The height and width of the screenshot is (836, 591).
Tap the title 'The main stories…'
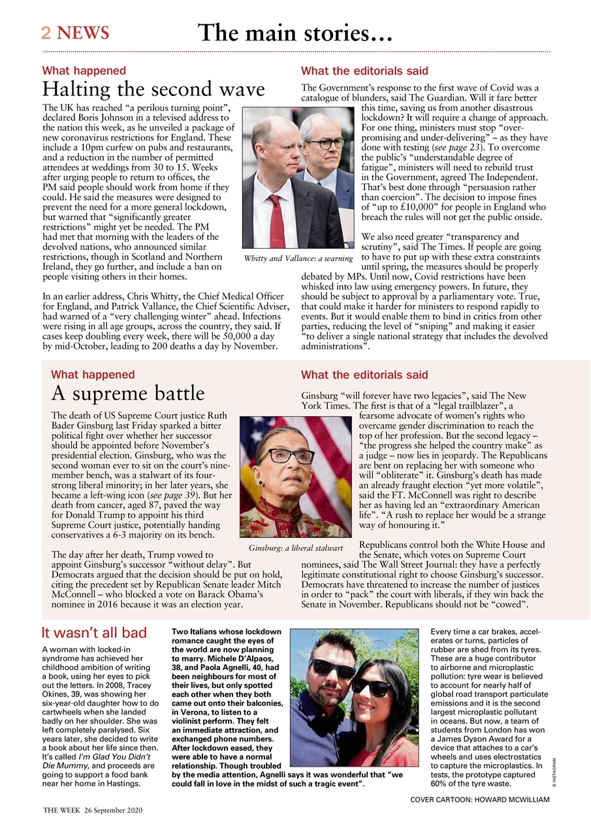pyautogui.click(x=295, y=32)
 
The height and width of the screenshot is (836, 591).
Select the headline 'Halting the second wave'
pyautogui.click(x=153, y=89)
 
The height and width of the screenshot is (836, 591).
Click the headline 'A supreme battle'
pyautogui.click(x=127, y=393)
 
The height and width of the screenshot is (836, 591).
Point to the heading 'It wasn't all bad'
pyautogui.click(x=94, y=632)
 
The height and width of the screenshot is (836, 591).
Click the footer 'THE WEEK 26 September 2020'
pyautogui.click(x=92, y=809)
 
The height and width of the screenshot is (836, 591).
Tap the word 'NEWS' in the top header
pyautogui.click(x=82, y=33)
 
